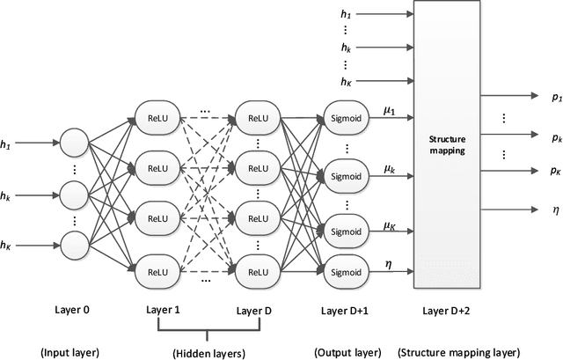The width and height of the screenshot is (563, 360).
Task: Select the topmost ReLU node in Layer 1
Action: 159,118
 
